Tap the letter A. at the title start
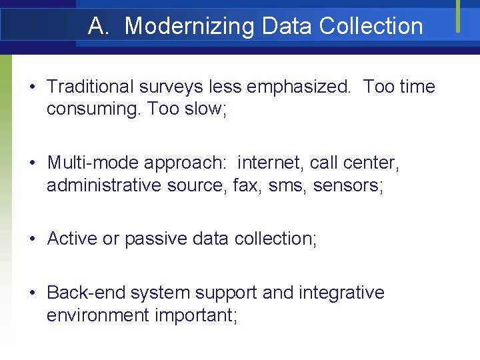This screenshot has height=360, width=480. pos(98,26)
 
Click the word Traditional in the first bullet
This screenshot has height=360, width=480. pos(90,87)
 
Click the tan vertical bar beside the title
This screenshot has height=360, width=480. pos(458,16)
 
